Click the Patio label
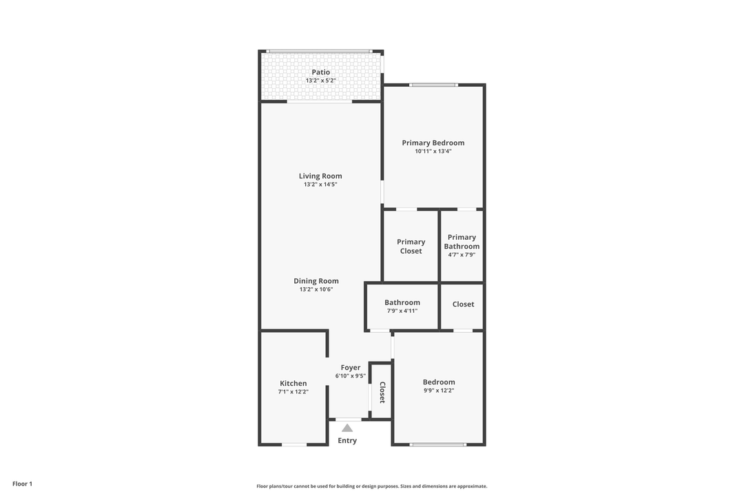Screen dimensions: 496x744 click(320, 72)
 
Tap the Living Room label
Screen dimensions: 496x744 click(320, 176)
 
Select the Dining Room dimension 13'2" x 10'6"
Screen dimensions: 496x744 click(316, 289)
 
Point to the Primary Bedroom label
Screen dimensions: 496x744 click(433, 143)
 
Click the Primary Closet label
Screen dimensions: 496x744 click(411, 247)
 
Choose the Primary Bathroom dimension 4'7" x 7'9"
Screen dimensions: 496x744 click(462, 255)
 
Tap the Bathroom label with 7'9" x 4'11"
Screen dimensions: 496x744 click(402, 302)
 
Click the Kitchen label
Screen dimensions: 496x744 click(293, 384)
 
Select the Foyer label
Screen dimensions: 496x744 click(351, 368)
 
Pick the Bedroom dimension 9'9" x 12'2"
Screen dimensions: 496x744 click(439, 391)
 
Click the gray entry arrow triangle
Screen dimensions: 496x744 click(347, 428)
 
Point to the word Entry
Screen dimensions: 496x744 click(347, 441)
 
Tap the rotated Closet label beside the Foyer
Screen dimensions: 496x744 click(382, 392)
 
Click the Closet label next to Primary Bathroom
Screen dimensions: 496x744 click(463, 304)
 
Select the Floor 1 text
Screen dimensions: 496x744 click(22, 484)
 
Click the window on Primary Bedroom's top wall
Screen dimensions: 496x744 click(433, 85)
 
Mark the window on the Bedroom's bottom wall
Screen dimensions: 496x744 click(438, 444)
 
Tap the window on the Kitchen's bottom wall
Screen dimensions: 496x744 click(294, 444)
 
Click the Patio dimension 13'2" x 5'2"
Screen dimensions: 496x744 click(320, 81)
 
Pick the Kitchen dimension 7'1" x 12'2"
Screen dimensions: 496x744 click(293, 392)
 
